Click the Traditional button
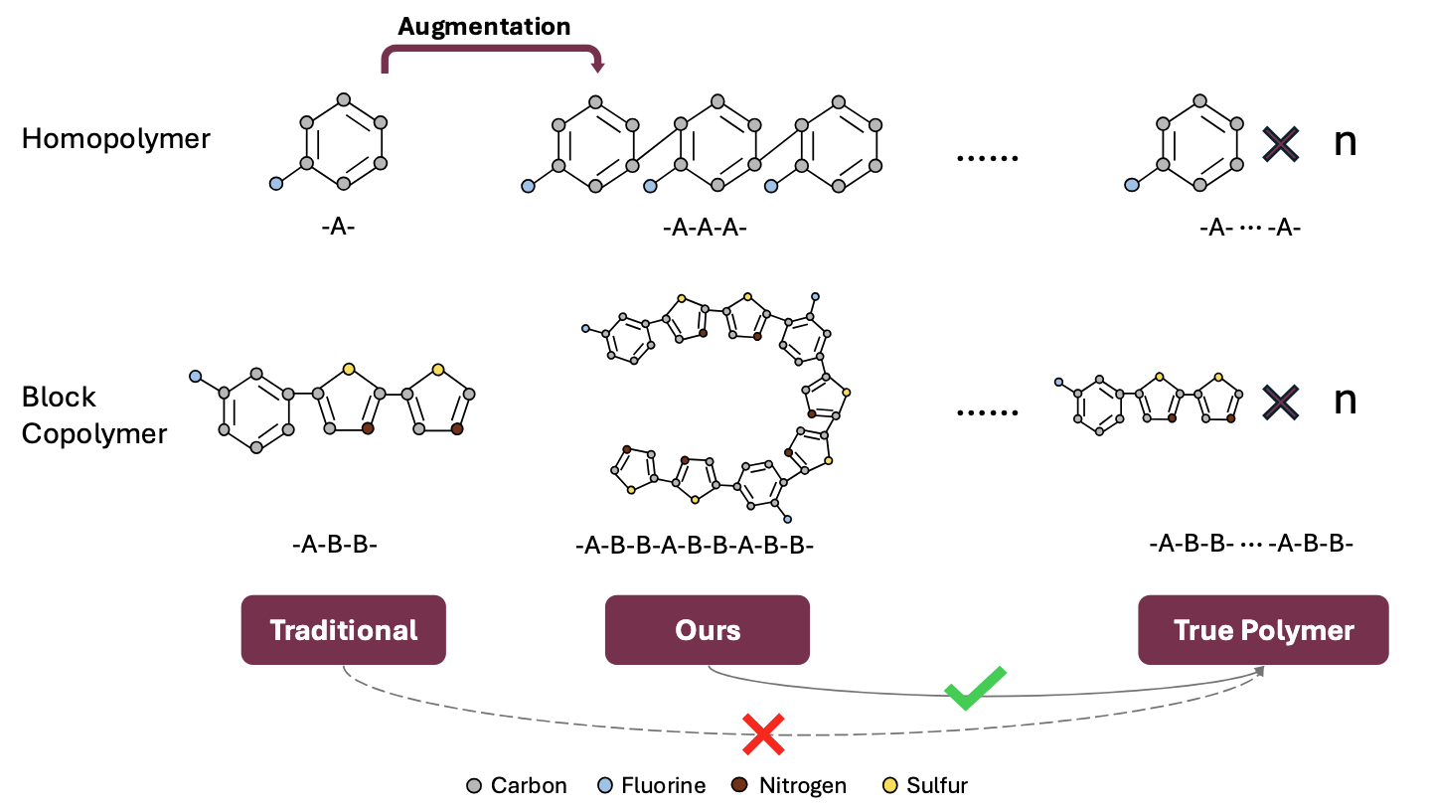343,629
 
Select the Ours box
708,629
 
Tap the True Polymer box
1263,629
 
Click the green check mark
976,688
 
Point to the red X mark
763,734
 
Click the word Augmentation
484,27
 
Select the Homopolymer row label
115,139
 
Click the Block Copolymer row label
93,415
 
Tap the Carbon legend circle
474,785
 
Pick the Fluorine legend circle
604,785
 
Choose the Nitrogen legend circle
739,785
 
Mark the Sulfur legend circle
890,785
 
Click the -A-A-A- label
705,228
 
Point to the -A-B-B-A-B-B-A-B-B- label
695,546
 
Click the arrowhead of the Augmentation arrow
598,66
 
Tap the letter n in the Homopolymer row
1345,142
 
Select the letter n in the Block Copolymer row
1345,402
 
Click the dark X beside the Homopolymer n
1281,144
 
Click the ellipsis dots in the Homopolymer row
987,158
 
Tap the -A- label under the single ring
338,227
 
